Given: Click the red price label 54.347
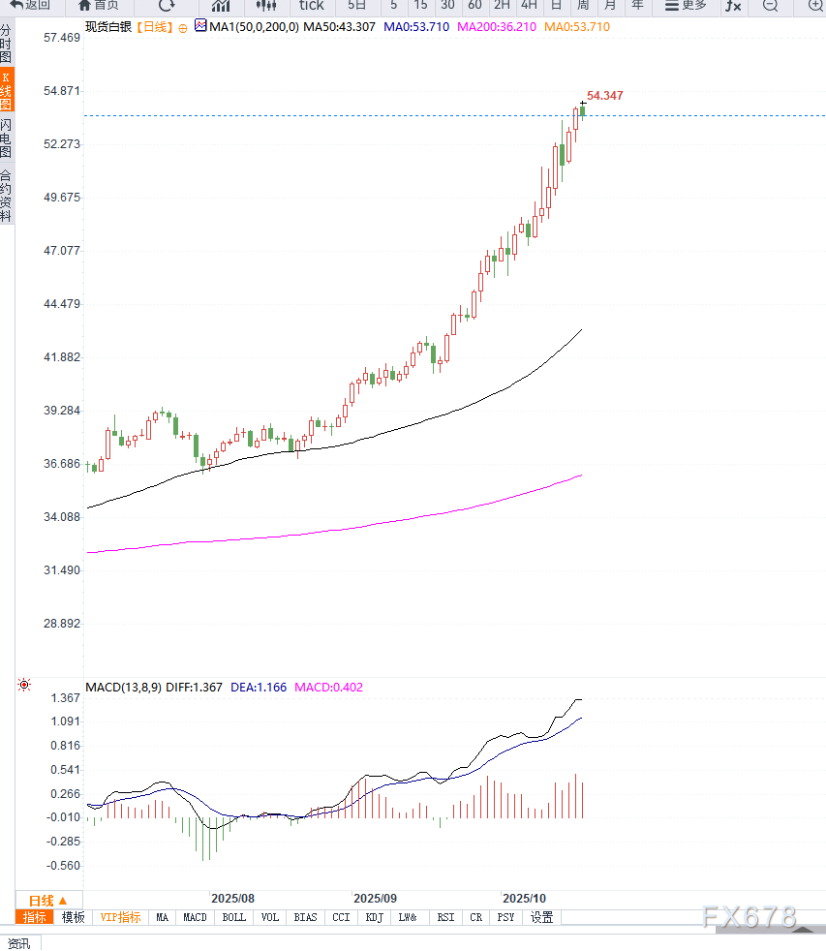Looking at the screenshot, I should (604, 95).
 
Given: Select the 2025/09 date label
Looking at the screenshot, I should (375, 899).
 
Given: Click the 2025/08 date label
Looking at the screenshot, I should (232, 899).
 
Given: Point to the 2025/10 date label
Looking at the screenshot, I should (524, 899).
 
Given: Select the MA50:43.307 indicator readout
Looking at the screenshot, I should (339, 26).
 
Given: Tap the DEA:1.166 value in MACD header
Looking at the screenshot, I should (259, 688).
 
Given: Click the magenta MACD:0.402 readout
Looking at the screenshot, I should (329, 688).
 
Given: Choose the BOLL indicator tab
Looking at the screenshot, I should (233, 917).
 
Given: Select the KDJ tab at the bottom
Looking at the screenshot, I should (374, 917).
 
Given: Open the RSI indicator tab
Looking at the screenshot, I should (445, 917).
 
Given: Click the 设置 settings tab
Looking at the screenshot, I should (541, 917).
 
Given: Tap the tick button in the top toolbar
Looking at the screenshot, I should (311, 5).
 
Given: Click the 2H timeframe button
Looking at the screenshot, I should (502, 5).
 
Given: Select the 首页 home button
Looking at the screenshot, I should (99, 5).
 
